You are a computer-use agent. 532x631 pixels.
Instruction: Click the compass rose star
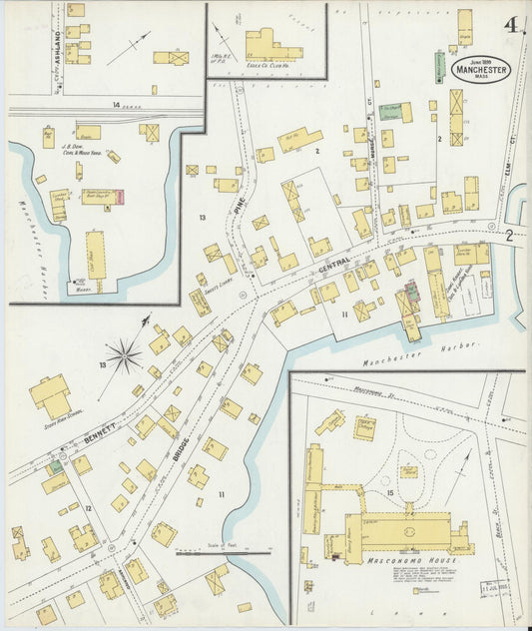pyautogui.click(x=124, y=353)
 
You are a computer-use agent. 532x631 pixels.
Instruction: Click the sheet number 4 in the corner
pyautogui.click(x=510, y=24)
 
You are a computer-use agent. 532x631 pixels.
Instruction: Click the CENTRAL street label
pyautogui.click(x=334, y=263)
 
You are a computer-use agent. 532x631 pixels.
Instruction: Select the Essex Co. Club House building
pyautogui.click(x=271, y=45)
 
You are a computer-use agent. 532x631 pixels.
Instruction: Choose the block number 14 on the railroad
pyautogui.click(x=117, y=104)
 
